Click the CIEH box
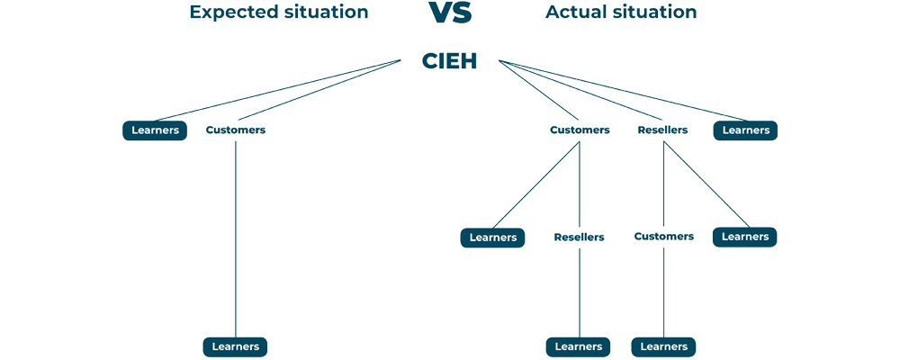click(x=449, y=60)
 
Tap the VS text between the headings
click(x=450, y=13)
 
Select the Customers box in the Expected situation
click(x=236, y=130)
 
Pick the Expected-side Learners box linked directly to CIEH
click(x=155, y=130)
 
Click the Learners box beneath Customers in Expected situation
click(x=236, y=346)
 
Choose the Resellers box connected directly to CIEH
click(x=662, y=130)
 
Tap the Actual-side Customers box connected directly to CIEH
click(x=580, y=130)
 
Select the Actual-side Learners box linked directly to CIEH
click(x=745, y=130)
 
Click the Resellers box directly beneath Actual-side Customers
click(x=579, y=238)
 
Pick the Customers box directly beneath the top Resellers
click(x=663, y=237)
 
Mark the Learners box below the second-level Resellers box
click(x=578, y=346)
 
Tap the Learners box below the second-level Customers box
click(x=663, y=346)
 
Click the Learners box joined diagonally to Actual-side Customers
click(x=492, y=238)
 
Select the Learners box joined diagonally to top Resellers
click(x=744, y=237)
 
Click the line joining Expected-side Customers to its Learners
click(x=236, y=238)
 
